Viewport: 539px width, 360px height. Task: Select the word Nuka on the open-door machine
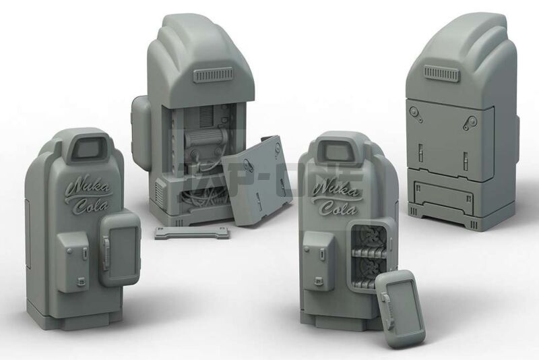coord(330,185)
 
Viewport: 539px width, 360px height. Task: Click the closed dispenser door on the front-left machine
coord(120,246)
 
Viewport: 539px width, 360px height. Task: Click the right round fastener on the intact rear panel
coord(470,123)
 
